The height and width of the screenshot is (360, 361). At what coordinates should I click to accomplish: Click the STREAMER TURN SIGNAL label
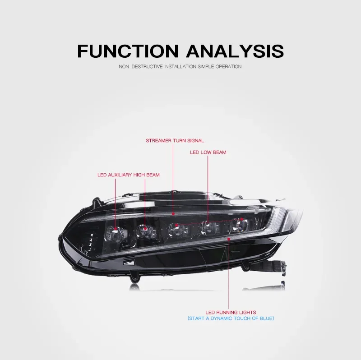175,141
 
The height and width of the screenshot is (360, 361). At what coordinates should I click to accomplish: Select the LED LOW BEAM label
208,152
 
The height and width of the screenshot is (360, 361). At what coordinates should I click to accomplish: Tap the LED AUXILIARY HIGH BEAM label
128,175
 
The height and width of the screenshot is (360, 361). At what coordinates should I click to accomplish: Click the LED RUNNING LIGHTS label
231,312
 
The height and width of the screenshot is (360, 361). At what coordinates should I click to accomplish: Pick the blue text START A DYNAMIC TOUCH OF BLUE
231,318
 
